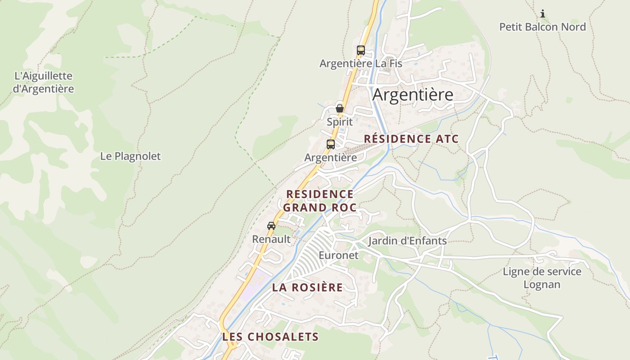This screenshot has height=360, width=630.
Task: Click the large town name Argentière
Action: pos(413,95)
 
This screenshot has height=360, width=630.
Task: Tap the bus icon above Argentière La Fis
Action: pos(360,50)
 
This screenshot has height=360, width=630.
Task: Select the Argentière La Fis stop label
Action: pos(360,64)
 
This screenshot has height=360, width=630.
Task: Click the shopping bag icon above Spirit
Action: pos(340,108)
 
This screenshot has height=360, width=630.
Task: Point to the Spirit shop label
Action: pos(340,122)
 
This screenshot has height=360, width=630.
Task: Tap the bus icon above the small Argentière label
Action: pos(331,144)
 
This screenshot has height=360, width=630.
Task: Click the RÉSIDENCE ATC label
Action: pos(411,139)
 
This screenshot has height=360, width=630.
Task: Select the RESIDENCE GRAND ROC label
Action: pos(319,201)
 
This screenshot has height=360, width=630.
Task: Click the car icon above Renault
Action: pos(271,226)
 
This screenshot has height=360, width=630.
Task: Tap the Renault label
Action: pos(271,239)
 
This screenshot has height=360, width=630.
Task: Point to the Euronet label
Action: pos(338,256)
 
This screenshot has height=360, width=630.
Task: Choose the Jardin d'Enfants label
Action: pos(407,241)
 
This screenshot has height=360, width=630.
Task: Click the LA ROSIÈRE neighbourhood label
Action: pos(307,288)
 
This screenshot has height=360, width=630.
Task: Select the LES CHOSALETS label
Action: pos(270,337)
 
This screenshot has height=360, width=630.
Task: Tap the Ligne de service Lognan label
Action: pos(542,278)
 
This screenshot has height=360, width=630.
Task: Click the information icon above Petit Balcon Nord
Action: pos(543,13)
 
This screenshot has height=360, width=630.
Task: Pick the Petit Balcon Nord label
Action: pos(543,27)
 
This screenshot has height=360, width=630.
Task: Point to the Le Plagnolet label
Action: pos(130,157)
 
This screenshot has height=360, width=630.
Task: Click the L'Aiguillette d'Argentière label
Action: pos(43,82)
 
